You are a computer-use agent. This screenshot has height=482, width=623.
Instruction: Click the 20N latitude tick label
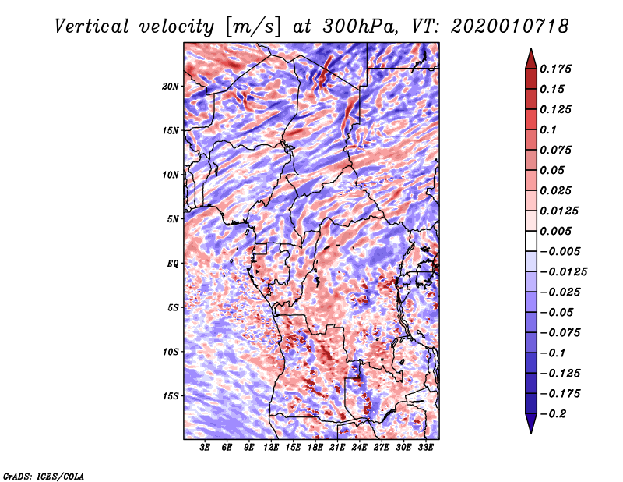tap(171, 86)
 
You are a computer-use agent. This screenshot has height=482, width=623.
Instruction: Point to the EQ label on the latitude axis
tap(172, 263)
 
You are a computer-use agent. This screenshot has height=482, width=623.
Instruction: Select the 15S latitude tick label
tap(171, 395)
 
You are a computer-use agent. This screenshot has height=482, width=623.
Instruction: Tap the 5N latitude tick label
tap(173, 218)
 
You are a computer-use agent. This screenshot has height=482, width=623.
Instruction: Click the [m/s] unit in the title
tap(250, 27)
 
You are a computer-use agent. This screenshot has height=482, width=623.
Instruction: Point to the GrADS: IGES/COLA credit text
tap(43, 475)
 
